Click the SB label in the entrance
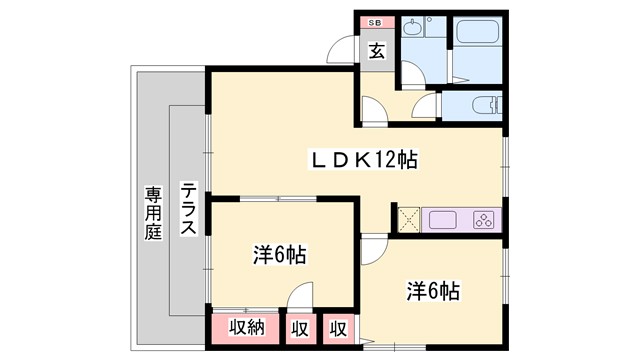(375, 21)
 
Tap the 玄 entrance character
(377, 50)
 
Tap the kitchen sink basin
(441, 219)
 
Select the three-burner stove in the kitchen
(483, 219)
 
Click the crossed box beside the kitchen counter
(408, 219)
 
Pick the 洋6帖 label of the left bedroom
(278, 255)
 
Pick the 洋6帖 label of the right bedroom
(432, 292)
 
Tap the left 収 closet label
(299, 327)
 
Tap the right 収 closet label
(338, 327)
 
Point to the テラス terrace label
(187, 208)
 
